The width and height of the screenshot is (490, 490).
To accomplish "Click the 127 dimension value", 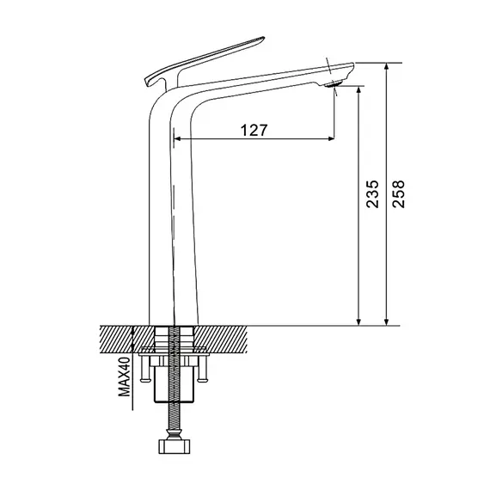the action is [254, 130].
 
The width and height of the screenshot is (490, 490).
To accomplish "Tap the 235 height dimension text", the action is [372, 193].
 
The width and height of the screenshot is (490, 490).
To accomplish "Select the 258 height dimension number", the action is [398, 193].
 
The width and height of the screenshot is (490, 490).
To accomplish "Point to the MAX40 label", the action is [124, 377].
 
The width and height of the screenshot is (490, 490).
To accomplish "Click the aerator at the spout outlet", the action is [334, 83].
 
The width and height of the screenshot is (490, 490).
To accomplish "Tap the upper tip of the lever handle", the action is [263, 38].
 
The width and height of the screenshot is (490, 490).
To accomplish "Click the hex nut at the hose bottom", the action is [175, 447].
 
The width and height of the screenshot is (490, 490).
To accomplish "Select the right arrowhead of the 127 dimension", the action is [331, 138].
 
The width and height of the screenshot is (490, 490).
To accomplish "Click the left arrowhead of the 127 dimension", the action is [177, 138].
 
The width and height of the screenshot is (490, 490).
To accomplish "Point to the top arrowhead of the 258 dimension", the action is [387, 66].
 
